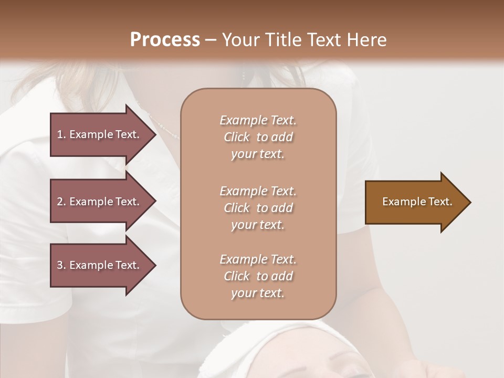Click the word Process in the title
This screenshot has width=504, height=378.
165,40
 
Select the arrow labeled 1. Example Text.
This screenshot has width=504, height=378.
102,134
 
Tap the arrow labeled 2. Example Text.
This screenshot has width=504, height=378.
102,202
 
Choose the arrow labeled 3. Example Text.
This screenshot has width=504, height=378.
102,265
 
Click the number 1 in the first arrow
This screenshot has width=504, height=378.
59,134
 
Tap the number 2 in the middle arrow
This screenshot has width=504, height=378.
60,202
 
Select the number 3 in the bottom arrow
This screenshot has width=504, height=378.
60,265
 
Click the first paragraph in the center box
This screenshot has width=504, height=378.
258,137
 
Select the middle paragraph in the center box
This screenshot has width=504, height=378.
258,208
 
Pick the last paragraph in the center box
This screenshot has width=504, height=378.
258,276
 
